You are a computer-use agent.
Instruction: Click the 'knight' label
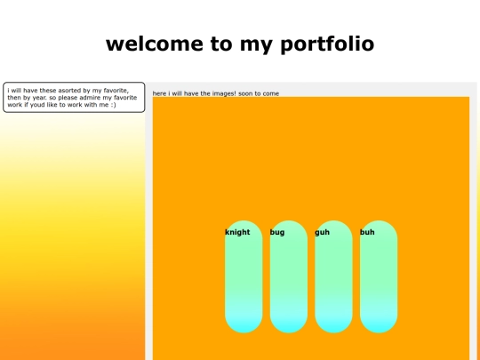point(237,232)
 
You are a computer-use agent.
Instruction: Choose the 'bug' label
point(277,232)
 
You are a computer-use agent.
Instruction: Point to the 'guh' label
point(322,232)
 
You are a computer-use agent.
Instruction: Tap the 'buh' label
point(367,232)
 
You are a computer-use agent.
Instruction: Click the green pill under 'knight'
point(244,284)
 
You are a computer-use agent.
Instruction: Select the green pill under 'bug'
point(288,284)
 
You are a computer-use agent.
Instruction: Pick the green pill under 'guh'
point(333,284)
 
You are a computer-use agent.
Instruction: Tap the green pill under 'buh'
point(379,284)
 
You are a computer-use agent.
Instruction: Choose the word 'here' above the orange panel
point(159,93)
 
